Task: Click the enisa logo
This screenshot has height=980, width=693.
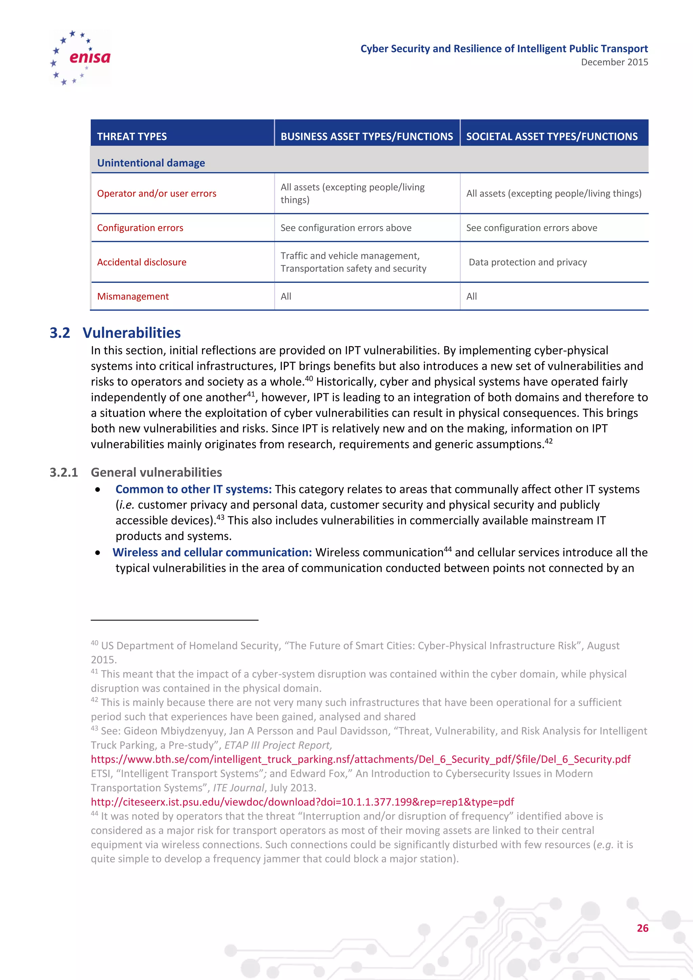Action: click(x=80, y=57)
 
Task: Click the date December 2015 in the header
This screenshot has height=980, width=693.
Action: click(x=614, y=62)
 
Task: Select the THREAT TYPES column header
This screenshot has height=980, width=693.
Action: click(x=132, y=137)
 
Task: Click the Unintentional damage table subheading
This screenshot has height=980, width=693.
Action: click(x=151, y=163)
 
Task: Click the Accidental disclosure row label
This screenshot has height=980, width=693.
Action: click(x=142, y=262)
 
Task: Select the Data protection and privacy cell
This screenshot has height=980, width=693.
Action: click(x=528, y=262)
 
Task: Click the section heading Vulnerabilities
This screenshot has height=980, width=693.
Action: click(x=131, y=333)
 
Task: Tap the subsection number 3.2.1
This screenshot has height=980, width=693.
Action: click(x=64, y=472)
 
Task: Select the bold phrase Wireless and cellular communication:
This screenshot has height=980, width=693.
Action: click(x=212, y=552)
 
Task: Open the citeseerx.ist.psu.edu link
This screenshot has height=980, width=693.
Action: click(x=302, y=802)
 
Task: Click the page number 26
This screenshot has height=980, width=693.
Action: click(x=642, y=928)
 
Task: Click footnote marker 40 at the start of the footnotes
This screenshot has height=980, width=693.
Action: click(x=94, y=643)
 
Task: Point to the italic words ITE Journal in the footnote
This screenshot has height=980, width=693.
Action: click(x=239, y=788)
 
